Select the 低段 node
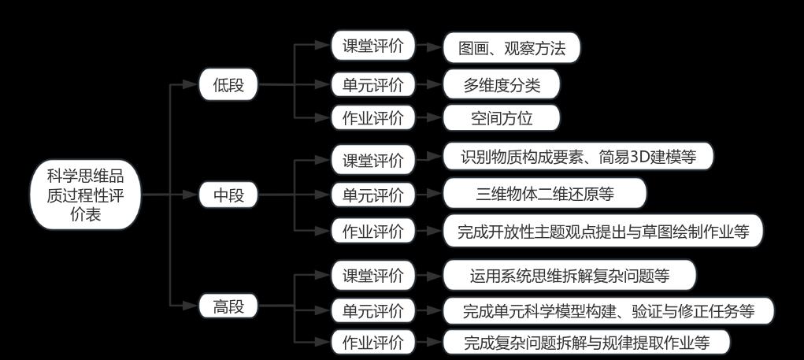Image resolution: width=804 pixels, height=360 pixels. [228, 85]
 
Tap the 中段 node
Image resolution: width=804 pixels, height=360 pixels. [228, 195]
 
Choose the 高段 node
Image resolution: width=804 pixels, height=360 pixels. [228, 307]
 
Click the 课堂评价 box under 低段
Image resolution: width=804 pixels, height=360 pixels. [372, 46]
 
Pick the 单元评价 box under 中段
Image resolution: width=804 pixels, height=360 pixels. [372, 195]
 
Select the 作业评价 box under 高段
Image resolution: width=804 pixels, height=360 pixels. [372, 343]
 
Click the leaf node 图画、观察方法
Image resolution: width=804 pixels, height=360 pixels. [512, 48]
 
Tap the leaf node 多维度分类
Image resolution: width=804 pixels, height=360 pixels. [502, 84]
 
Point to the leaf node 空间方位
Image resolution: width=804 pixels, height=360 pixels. [502, 118]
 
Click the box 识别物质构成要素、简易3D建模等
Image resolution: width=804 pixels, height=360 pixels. [578, 156]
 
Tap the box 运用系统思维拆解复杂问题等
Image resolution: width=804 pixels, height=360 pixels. [569, 276]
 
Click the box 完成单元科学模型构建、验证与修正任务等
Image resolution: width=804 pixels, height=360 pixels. [609, 310]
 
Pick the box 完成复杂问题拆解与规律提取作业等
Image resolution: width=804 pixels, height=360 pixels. [586, 343]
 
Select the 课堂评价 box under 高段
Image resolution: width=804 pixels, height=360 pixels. [372, 276]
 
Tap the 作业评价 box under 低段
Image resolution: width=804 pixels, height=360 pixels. [372, 118]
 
